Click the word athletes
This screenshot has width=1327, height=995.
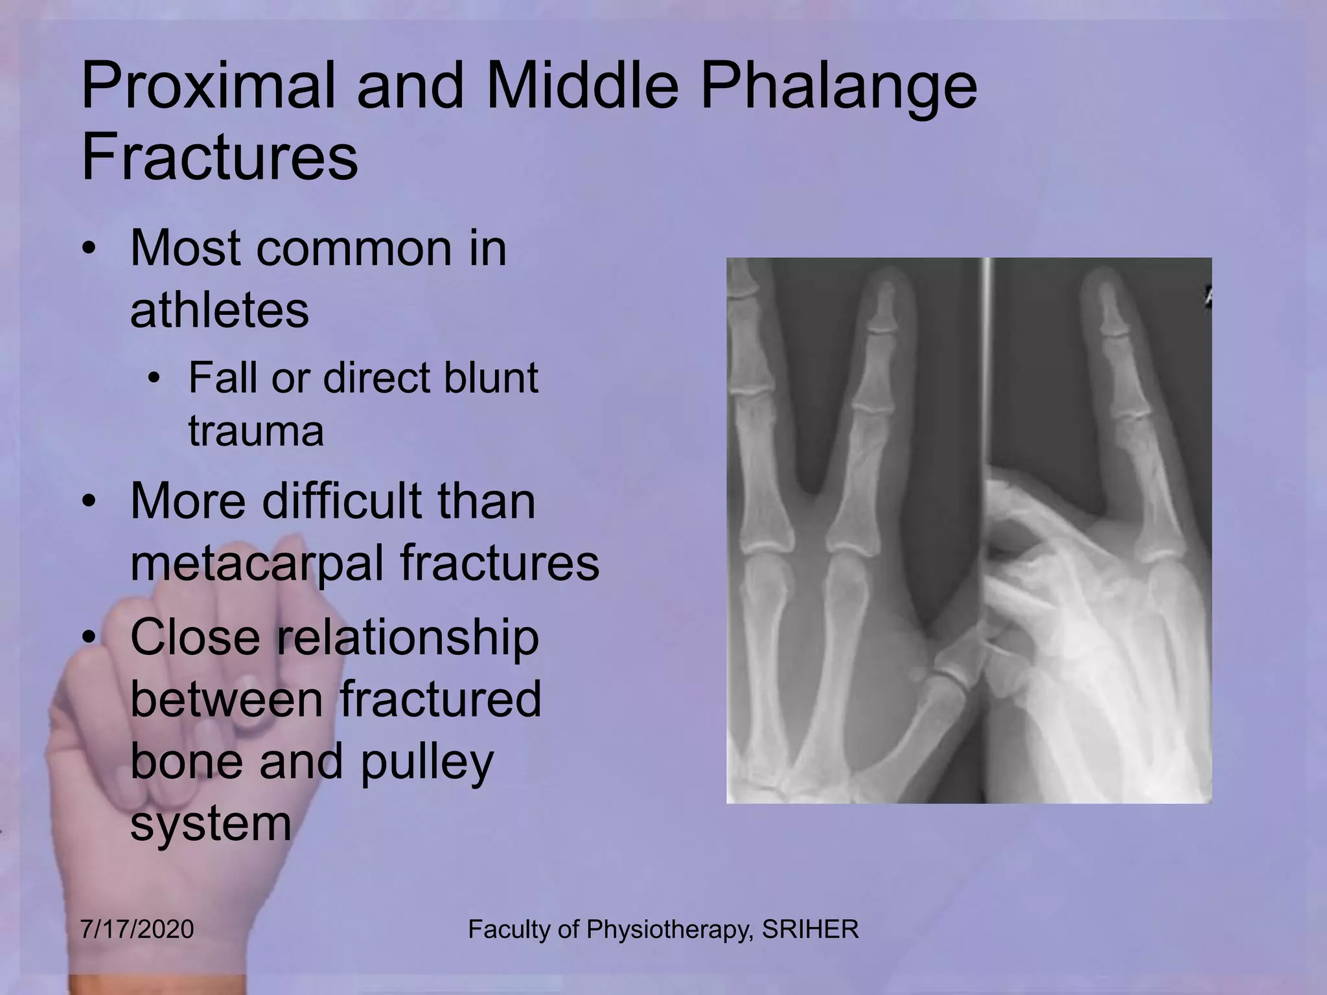click(x=219, y=310)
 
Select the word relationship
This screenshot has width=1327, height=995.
click(x=408, y=637)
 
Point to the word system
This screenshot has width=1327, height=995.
click(x=211, y=823)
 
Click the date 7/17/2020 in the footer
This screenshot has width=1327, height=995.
click(x=137, y=930)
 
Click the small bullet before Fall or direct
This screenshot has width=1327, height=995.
click(x=153, y=379)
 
